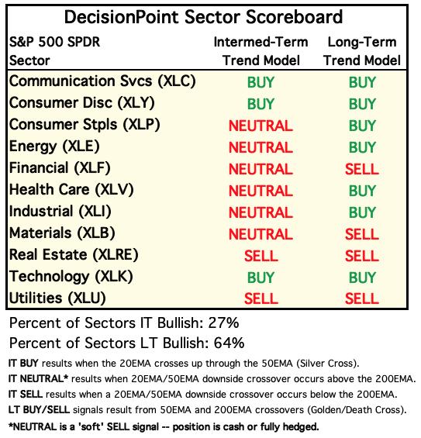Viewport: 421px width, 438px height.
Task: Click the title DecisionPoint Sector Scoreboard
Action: [x=203, y=17]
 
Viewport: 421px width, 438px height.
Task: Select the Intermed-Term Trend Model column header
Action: [x=261, y=51]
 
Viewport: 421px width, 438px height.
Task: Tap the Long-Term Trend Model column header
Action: [x=362, y=51]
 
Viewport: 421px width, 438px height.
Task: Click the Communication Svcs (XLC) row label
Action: [x=102, y=81]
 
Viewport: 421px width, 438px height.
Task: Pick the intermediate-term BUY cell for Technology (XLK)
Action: [x=261, y=278]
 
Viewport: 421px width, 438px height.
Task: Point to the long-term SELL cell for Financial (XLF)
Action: [x=362, y=169]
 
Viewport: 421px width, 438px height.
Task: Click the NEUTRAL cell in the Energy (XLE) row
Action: [x=261, y=147]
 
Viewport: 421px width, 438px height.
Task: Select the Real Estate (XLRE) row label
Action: [x=74, y=255]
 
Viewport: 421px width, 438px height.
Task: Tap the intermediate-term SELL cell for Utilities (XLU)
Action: [x=261, y=298]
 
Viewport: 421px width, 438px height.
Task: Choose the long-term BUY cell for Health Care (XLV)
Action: [x=362, y=191]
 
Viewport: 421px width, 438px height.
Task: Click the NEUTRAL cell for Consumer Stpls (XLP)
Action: [x=261, y=126]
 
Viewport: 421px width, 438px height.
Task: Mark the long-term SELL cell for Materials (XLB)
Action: [x=362, y=234]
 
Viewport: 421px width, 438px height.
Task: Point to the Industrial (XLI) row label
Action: [x=60, y=212]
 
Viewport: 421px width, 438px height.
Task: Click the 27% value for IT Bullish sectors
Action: [x=223, y=323]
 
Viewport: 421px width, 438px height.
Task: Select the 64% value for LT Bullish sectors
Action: [x=229, y=343]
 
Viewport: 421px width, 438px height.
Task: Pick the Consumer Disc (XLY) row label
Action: [x=82, y=103]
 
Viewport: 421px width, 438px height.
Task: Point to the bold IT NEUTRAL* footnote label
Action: [x=38, y=379]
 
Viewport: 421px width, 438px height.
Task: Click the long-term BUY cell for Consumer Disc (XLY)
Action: [x=362, y=104]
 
